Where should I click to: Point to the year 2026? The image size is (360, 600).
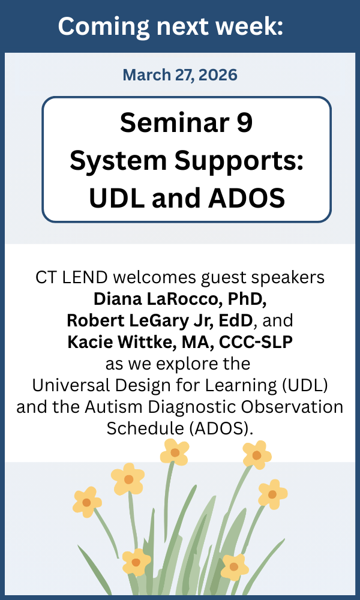pos(217,75)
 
